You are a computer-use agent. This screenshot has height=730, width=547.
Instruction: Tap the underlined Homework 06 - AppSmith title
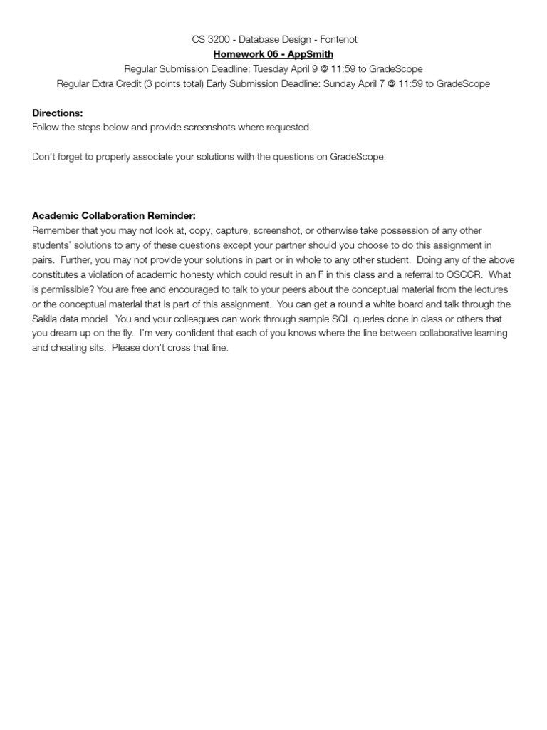point(273,54)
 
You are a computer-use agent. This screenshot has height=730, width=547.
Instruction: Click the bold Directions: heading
point(58,113)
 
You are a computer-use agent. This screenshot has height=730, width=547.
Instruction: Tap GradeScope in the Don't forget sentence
point(357,157)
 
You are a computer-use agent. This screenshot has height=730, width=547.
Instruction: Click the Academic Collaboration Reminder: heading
point(113,215)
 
